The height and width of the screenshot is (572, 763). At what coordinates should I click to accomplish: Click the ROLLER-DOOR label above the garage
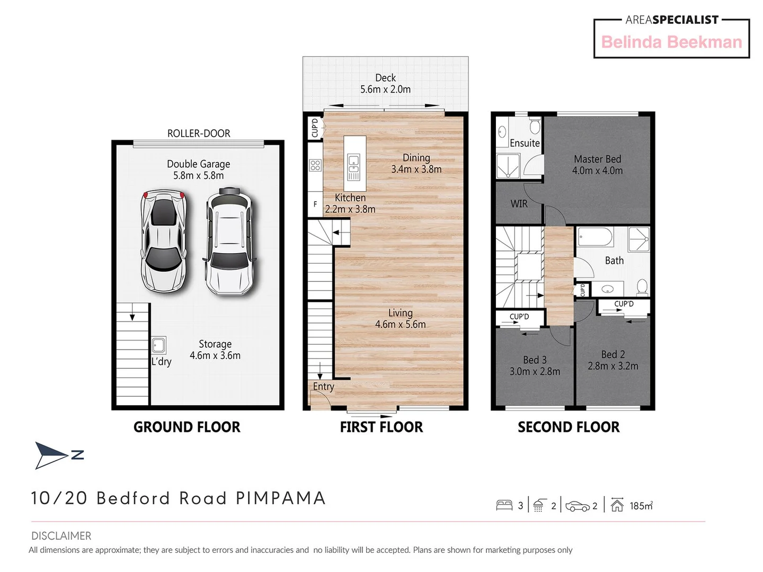click(199, 133)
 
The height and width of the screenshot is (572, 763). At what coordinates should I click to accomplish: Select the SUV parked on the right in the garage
click(229, 241)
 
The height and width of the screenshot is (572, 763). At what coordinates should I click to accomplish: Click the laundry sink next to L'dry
click(158, 345)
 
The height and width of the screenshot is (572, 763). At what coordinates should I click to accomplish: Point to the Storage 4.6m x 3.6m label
click(215, 350)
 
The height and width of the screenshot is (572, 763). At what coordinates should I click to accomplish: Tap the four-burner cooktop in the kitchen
click(315, 165)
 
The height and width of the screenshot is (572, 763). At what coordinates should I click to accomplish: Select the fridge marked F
click(315, 204)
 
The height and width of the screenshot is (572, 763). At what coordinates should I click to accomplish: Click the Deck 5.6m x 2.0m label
click(385, 84)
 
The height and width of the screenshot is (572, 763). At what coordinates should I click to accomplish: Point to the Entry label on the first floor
click(323, 387)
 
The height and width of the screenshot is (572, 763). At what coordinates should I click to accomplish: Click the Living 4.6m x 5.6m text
click(400, 319)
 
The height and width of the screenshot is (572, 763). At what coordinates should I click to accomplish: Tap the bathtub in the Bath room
click(595, 237)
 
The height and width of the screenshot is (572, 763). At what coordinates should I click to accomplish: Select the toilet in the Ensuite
click(535, 126)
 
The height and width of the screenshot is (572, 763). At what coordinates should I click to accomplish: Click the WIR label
click(519, 204)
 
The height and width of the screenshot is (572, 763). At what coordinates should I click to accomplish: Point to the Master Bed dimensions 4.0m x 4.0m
click(597, 171)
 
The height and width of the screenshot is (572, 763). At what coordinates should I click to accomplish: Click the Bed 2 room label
click(613, 354)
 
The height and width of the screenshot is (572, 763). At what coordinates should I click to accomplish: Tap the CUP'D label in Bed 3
click(519, 317)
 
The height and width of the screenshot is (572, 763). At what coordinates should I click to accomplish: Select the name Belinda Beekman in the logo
click(671, 42)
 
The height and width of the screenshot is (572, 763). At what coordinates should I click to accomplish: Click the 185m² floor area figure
click(641, 506)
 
